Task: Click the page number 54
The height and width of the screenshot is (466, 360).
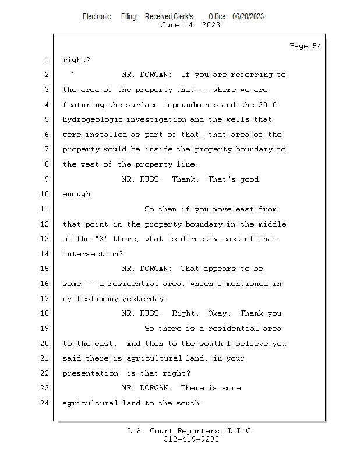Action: [x=317, y=46]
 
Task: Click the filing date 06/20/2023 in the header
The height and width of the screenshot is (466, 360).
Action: [x=248, y=17]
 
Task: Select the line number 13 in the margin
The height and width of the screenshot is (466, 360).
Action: [x=44, y=239]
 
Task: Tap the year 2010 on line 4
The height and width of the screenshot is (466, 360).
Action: [x=267, y=105]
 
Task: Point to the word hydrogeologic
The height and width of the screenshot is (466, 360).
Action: [x=93, y=120]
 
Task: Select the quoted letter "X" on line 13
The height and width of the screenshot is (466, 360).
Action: [x=101, y=239]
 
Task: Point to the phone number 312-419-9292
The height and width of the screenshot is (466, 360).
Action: [x=191, y=439]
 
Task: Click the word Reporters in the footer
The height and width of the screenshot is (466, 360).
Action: [x=198, y=431]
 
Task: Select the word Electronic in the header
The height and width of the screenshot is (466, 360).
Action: [x=97, y=17]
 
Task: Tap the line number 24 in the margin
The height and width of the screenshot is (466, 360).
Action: [x=44, y=403]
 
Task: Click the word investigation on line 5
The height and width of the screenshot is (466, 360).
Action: [x=157, y=120]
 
